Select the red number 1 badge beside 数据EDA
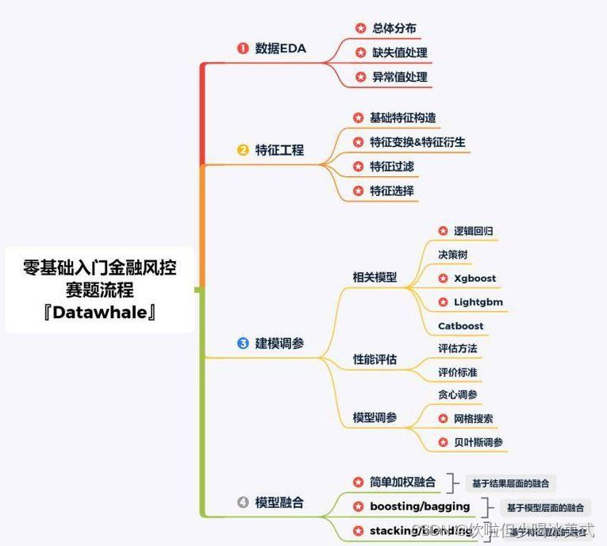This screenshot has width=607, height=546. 243,48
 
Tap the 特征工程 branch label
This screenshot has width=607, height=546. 279,150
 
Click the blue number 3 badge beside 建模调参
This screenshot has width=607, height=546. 243,344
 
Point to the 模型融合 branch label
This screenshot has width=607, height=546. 279,502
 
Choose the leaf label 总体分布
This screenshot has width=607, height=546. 394,29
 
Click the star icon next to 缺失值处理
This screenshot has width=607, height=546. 361,53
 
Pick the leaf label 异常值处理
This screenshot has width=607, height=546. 400,77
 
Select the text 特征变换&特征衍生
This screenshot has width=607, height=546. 417,142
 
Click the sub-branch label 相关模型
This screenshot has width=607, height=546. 375,278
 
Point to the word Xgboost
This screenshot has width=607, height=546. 474,279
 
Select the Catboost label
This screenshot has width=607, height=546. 460,326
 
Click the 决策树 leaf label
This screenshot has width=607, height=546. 452,255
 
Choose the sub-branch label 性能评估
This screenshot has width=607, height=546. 375,360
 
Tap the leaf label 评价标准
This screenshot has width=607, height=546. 458,372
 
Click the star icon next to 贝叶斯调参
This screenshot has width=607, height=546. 443,442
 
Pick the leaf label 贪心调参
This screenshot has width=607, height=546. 458,394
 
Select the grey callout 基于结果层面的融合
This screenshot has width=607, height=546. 510,483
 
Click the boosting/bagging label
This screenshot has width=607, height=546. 420,506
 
